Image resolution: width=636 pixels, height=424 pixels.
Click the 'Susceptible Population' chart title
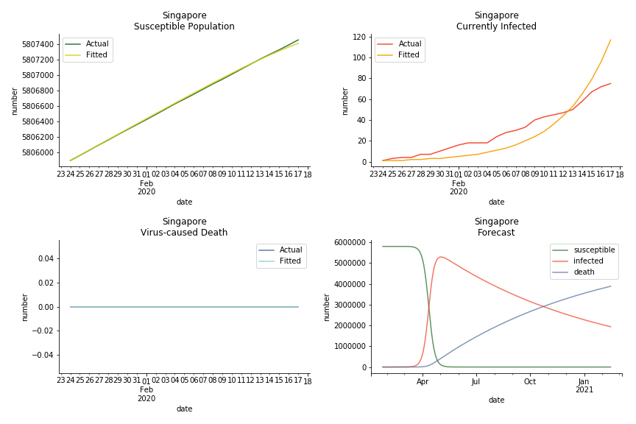(184, 26)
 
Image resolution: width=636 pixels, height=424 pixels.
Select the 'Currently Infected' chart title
(496, 26)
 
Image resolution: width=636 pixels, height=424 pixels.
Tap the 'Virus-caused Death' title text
(184, 233)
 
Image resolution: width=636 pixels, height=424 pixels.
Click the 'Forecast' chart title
(496, 233)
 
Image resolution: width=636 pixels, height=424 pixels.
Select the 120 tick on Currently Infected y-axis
(360, 37)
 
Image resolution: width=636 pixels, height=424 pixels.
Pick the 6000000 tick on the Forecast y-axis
(351, 242)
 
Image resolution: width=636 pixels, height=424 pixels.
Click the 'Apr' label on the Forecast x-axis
(423, 381)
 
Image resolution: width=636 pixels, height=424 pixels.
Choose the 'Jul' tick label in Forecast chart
(476, 381)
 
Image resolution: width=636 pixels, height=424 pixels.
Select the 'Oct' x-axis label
(530, 381)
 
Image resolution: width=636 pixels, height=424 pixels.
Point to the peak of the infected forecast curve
(440, 257)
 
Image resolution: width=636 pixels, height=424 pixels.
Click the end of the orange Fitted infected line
(610, 40)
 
